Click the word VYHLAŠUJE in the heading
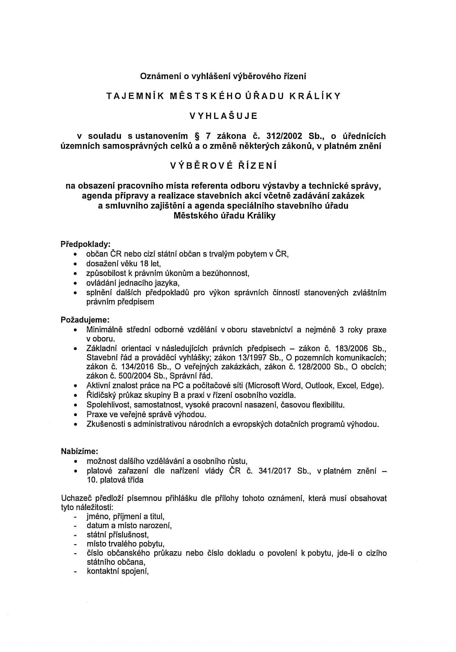tap(224, 116)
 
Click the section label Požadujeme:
tap(85, 320)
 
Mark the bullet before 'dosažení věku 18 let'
tap(75, 264)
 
